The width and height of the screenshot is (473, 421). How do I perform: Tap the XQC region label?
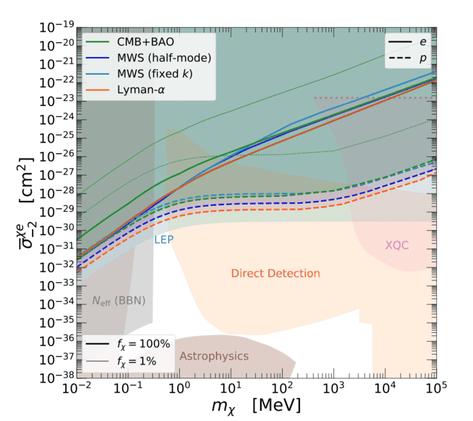pyautogui.click(x=397, y=245)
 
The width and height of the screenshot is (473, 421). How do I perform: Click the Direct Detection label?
pyautogui.click(x=275, y=273)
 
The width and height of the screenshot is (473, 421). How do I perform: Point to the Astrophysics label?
pyautogui.click(x=214, y=356)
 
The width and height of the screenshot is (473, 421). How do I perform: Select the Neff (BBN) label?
pyautogui.click(x=119, y=299)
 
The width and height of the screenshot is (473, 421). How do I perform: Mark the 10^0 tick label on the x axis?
pyautogui.click(x=178, y=388)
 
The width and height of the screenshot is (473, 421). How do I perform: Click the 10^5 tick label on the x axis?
pyautogui.click(x=436, y=388)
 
